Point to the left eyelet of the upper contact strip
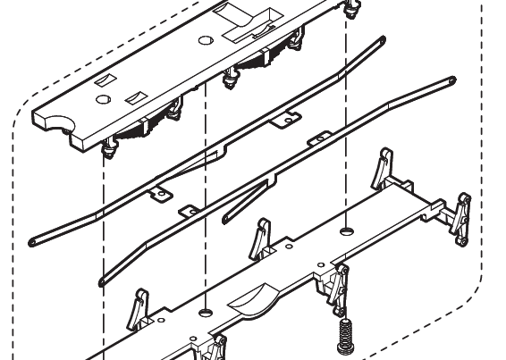[34, 239]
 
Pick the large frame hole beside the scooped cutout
[205, 312]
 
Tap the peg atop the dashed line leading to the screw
[350, 8]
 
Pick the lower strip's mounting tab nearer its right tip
[318, 139]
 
